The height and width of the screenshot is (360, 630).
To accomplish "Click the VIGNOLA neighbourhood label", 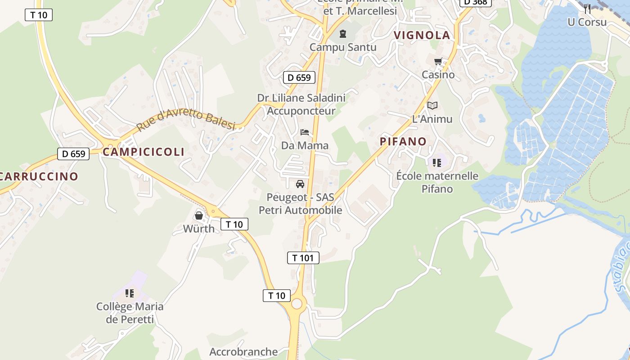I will coord(422,36).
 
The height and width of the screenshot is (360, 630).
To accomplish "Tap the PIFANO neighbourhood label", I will coord(403,141).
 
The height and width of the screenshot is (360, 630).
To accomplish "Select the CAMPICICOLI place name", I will coord(144,152).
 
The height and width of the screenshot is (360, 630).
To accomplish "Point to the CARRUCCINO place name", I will coord(39,176).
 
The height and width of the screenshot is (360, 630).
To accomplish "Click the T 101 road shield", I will coord(303,258).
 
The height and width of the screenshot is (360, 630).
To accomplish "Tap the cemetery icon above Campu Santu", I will coord(343,34).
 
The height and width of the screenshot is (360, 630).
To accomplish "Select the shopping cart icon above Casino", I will coord(438,62).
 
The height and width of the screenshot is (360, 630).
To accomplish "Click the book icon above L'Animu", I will coord(432,105).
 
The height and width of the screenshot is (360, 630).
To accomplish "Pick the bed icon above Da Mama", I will coord(305,132).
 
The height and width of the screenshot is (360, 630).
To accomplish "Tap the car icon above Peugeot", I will coord(300,184).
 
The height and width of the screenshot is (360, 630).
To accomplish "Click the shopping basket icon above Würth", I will coord(199,216).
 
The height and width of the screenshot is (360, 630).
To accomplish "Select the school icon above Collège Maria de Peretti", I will coord(130,293).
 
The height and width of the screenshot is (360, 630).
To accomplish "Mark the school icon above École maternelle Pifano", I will coord(436,162).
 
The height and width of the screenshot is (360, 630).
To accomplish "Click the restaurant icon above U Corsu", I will coord(587,9).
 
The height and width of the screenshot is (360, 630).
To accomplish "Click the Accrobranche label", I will coord(243,352).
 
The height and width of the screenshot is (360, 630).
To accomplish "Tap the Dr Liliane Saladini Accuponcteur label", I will coord(301,104).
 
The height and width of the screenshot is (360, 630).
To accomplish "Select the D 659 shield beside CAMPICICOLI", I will coord(73,154).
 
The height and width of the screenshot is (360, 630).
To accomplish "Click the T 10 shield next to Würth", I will coord(234,224).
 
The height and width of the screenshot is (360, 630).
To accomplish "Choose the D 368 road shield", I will coord(475,2).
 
